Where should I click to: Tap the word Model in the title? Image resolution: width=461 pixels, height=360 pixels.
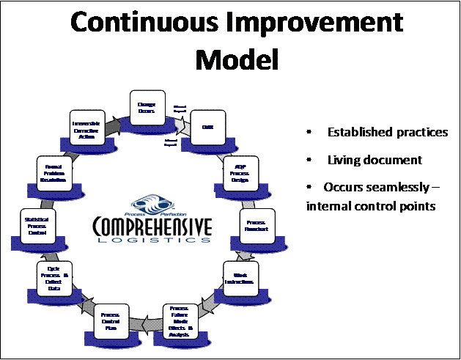(x=237, y=59)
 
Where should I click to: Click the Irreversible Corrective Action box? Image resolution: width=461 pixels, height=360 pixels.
(x=89, y=129)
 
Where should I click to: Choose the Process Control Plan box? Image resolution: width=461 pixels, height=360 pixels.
(x=110, y=320)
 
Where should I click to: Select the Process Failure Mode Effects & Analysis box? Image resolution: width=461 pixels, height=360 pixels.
(x=180, y=320)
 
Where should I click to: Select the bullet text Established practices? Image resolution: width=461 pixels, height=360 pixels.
(x=388, y=133)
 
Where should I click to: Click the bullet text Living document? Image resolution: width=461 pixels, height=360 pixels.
(x=375, y=160)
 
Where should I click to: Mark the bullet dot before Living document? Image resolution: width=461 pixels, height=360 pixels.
(x=310, y=160)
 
